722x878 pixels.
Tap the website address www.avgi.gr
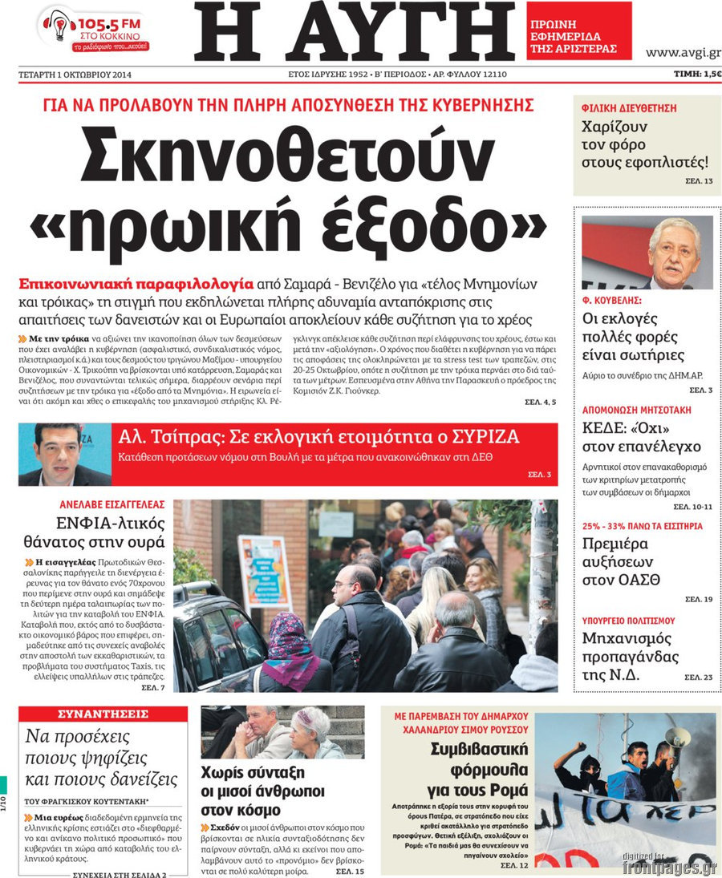click(683, 53)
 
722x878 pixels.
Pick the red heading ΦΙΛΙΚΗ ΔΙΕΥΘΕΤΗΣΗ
click(630, 107)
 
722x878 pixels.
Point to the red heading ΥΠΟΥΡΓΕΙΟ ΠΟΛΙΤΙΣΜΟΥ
click(628, 621)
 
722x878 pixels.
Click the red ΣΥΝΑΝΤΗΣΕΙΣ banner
click(103, 714)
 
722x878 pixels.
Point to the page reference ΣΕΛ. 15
click(350, 871)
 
